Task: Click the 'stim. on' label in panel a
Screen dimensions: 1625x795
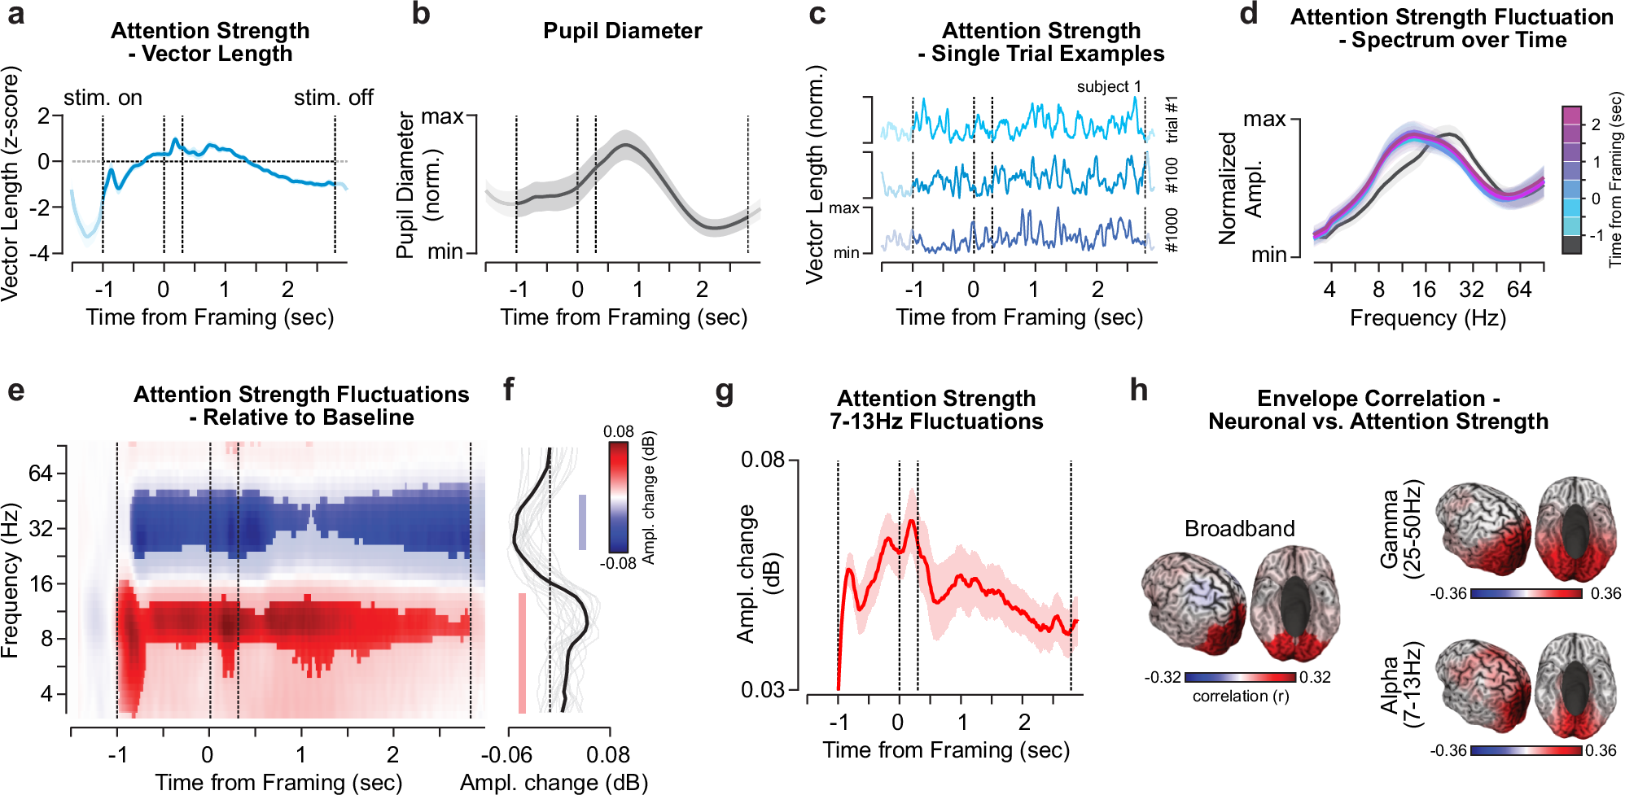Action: (103, 98)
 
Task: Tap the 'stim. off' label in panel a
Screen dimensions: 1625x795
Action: (333, 98)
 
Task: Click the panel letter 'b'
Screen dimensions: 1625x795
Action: (420, 15)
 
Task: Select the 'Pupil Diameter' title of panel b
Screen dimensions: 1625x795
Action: (622, 31)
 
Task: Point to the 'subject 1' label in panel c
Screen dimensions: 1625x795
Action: (1108, 86)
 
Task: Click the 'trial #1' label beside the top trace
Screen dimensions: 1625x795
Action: (1172, 119)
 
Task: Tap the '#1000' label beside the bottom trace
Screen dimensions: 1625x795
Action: (1172, 230)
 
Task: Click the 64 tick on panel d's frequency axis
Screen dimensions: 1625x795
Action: (1519, 290)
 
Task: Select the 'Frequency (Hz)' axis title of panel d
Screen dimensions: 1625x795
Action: (1427, 317)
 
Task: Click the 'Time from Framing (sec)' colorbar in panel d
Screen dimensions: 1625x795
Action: (1571, 180)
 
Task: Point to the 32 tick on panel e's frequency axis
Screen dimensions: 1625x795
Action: (41, 529)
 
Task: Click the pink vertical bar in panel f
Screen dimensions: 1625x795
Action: (522, 653)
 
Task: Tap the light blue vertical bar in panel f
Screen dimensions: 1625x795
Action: (582, 522)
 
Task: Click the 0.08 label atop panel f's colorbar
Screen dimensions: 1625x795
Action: (619, 431)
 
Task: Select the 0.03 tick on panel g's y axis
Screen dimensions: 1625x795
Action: (762, 690)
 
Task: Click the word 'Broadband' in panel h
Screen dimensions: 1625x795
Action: (1239, 529)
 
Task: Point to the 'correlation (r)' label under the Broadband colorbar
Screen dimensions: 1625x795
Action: (1240, 697)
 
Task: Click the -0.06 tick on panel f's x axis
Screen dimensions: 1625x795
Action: (506, 754)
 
